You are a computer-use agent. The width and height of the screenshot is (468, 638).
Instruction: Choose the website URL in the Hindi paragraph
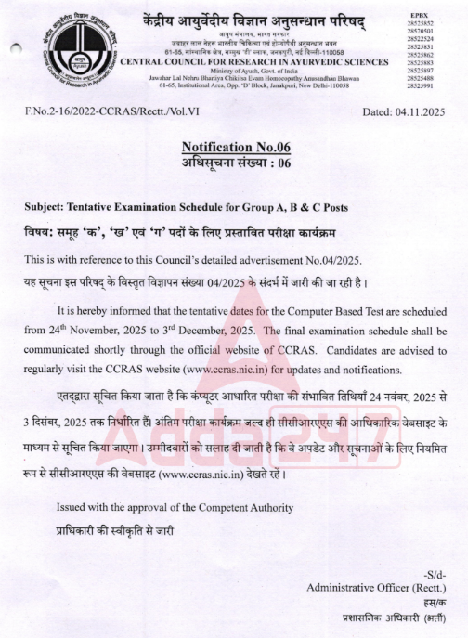tap(238, 477)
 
